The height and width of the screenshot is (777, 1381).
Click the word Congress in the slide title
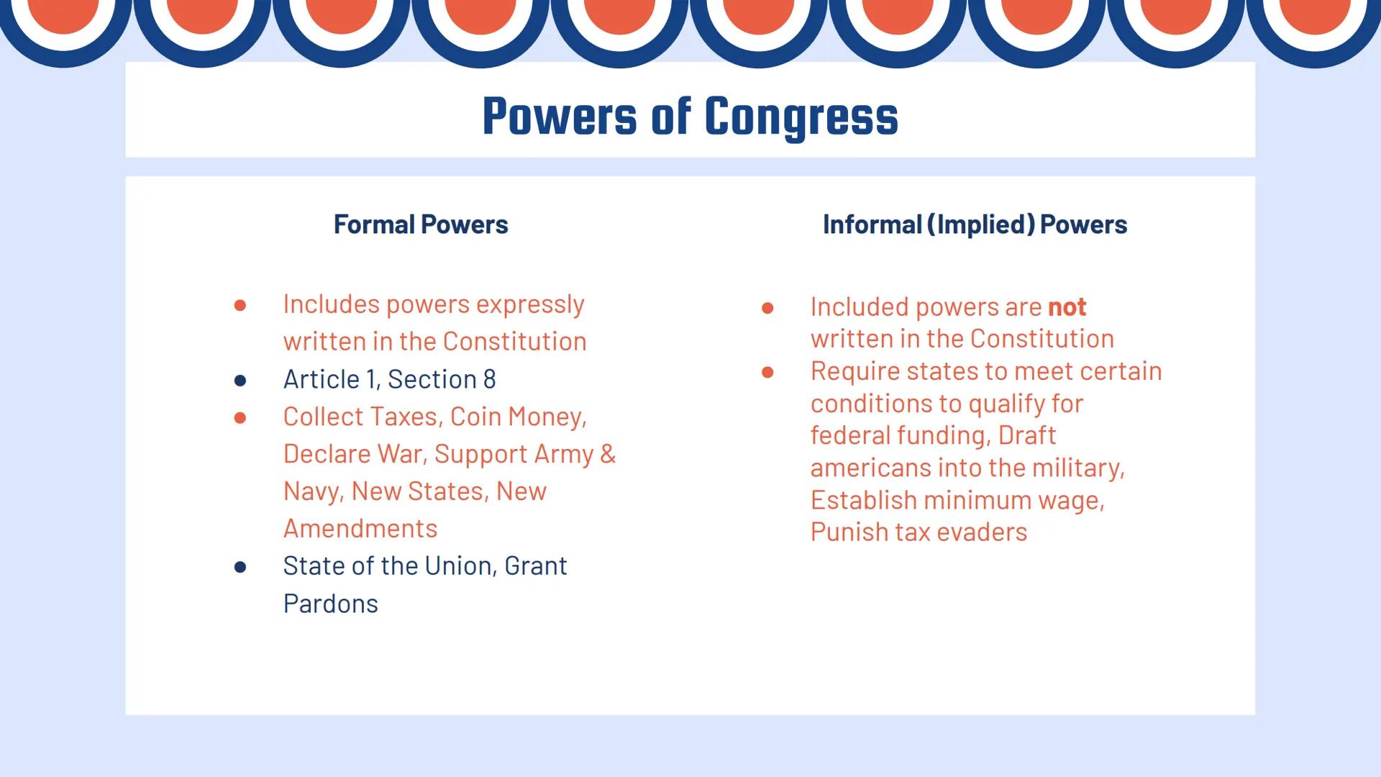[801, 117]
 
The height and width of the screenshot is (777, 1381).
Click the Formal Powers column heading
[421, 224]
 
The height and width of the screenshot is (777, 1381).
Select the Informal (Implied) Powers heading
[975, 224]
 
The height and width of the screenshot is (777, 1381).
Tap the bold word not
[1067, 307]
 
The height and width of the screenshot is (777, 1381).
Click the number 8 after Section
[489, 379]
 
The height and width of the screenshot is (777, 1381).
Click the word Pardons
[330, 604]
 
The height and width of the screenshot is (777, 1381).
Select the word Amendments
[360, 529]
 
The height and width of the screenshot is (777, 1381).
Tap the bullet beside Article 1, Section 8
[240, 380]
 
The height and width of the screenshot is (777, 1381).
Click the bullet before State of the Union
[240, 567]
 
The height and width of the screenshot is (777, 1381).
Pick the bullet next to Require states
[767, 372]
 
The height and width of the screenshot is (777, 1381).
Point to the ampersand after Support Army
[608, 454]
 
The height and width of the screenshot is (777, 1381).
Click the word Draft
[1026, 435]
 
